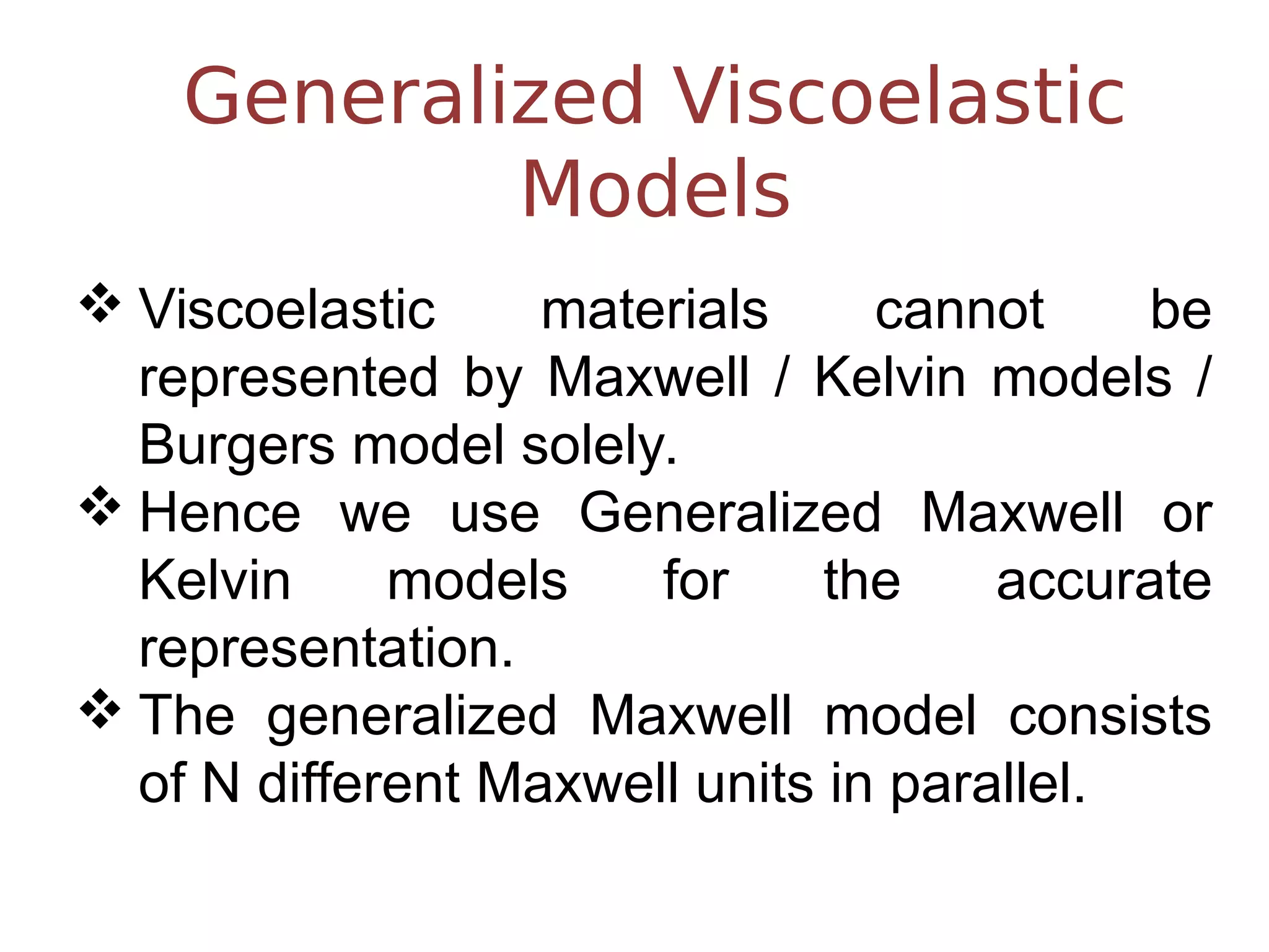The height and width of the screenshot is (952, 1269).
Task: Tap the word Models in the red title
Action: (x=656, y=188)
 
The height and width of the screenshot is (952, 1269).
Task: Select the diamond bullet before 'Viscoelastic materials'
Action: (x=100, y=303)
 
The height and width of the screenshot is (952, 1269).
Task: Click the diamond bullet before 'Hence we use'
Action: (x=100, y=506)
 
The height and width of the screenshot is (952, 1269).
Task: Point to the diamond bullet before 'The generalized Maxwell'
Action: (x=100, y=708)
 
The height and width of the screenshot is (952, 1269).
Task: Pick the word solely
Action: (x=599, y=445)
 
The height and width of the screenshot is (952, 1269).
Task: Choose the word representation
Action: (x=326, y=648)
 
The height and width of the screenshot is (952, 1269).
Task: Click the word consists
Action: (x=1110, y=716)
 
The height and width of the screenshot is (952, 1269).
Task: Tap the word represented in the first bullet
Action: (x=289, y=377)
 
